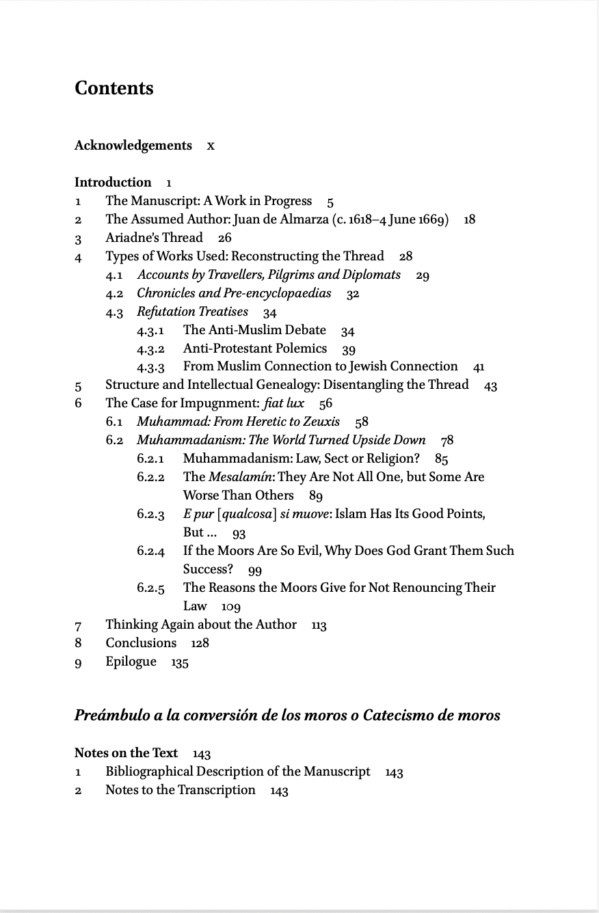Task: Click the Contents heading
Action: coord(114,88)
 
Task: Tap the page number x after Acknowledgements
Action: coord(211,146)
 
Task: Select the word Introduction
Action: coord(113,182)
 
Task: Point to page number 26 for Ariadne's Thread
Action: coord(224,238)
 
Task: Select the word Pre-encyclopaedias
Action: coord(278,293)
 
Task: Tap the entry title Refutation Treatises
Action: coord(192,312)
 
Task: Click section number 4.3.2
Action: coord(150,349)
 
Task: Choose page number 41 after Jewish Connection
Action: coord(479,367)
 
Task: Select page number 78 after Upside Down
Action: coord(447,440)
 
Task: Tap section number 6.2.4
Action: coord(150,551)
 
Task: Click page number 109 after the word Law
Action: coord(231,606)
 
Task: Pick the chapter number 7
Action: coord(78,625)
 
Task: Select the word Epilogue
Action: coord(131,662)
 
